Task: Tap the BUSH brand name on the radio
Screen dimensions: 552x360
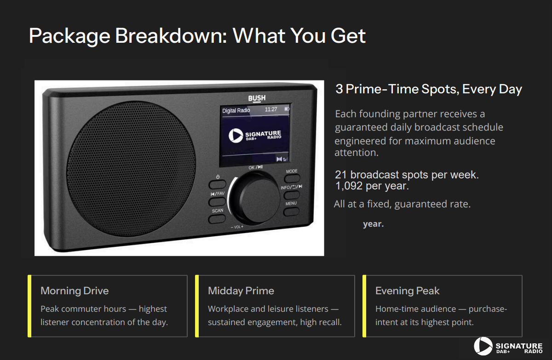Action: [257, 98]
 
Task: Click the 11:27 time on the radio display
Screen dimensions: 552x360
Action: [271, 109]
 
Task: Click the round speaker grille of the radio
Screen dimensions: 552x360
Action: [131, 168]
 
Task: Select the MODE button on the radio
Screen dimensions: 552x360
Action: [292, 178]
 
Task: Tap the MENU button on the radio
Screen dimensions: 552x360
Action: [291, 211]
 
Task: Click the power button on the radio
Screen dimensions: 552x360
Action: [217, 184]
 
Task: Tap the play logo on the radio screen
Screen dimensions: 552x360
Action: [236, 136]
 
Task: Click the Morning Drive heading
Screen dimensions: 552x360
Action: [75, 291]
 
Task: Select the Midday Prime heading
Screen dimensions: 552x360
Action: [241, 291]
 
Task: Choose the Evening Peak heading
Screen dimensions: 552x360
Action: [408, 291]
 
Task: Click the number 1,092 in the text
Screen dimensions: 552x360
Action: [349, 186]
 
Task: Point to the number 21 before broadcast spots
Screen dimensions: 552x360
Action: [341, 175]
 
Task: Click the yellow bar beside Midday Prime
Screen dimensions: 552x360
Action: [197, 306]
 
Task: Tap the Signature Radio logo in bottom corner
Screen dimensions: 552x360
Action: [508, 346]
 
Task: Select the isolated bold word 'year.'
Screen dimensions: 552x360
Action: [374, 224]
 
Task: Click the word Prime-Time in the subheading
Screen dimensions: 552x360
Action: [382, 89]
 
